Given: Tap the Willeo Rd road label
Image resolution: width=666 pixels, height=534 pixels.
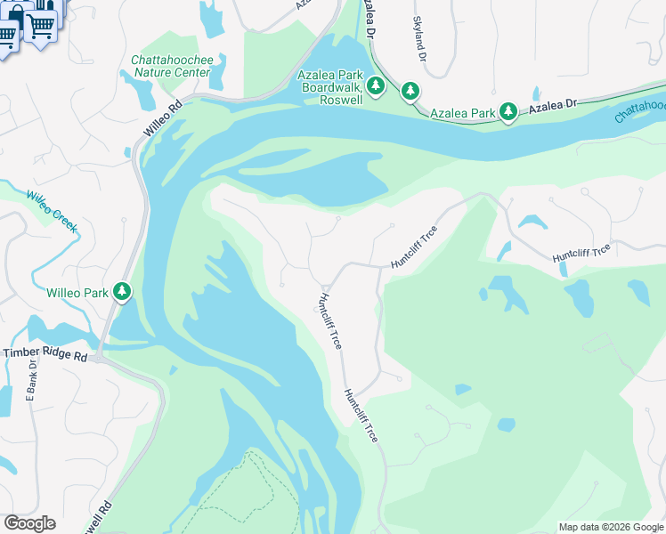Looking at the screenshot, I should (163, 117).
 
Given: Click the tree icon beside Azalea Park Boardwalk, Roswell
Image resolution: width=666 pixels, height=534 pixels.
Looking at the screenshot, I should (376, 85).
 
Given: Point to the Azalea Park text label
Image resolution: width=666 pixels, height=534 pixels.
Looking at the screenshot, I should (462, 113).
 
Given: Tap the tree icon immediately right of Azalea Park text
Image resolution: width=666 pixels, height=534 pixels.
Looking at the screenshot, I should (508, 111).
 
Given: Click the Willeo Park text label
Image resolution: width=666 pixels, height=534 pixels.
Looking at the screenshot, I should (76, 292).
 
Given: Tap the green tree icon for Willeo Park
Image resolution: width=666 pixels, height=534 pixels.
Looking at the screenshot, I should (122, 291).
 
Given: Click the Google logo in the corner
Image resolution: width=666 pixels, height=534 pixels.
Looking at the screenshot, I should (29, 523).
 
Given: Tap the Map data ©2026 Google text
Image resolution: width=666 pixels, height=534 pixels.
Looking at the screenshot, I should (611, 527).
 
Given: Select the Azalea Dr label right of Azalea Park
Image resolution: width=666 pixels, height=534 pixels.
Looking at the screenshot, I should (554, 106).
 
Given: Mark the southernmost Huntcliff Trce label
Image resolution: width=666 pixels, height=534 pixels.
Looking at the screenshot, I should (362, 416).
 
